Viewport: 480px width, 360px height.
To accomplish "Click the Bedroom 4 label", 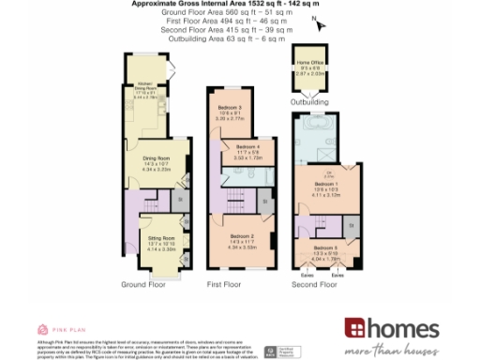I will click(248, 149).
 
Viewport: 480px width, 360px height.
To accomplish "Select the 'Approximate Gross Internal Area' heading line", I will click(240, 4).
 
